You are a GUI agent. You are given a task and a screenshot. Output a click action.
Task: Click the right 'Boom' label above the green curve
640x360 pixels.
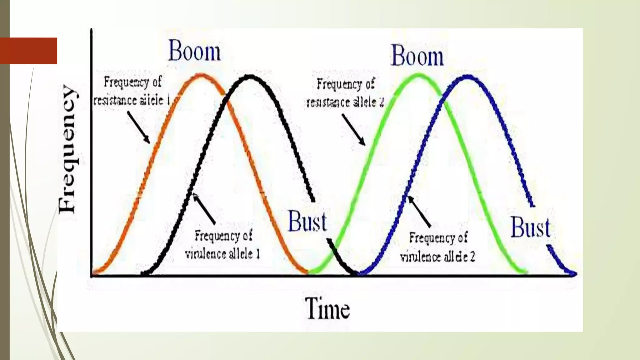(417, 56)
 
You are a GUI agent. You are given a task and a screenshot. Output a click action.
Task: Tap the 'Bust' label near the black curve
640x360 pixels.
(307, 222)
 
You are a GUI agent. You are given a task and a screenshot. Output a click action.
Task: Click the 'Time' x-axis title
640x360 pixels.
(327, 308)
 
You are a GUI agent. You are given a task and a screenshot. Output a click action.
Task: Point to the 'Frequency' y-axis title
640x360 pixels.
(67, 149)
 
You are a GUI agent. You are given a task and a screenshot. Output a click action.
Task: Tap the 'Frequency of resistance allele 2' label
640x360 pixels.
(345, 93)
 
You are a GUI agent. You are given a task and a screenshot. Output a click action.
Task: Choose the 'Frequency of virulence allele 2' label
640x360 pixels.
(438, 247)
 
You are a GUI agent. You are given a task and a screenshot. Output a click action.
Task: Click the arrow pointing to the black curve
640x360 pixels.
(204, 209)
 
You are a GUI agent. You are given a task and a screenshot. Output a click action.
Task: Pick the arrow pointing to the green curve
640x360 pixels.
(353, 129)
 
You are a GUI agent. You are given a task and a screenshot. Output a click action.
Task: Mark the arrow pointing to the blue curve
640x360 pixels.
(420, 211)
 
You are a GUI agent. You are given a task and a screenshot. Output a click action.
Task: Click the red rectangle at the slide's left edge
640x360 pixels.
(28, 51)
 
